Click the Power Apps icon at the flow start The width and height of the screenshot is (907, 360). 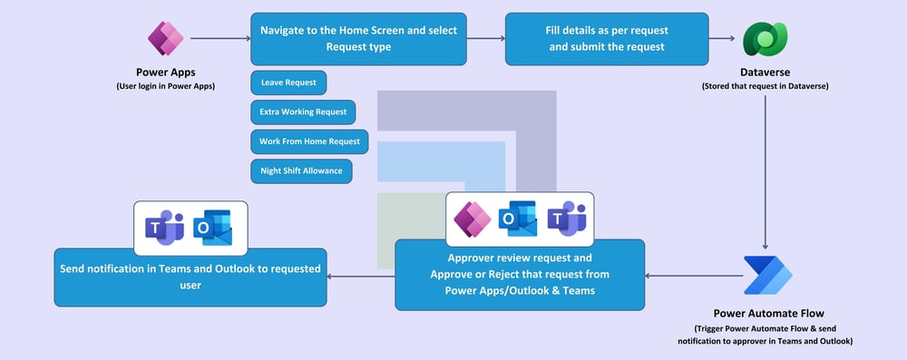(165, 38)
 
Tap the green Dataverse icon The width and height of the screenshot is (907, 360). (765, 39)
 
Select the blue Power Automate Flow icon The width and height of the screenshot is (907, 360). (767, 276)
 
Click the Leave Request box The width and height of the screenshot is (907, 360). (288, 83)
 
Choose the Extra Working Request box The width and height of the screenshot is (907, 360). (303, 112)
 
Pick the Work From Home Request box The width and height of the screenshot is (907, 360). (309, 141)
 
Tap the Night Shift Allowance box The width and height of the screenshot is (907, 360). (301, 171)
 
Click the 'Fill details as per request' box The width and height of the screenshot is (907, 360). (607, 39)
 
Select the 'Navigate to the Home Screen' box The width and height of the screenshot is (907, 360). (358, 39)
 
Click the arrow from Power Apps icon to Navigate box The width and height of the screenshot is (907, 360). (220, 39)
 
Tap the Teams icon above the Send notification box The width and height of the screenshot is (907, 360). (164, 228)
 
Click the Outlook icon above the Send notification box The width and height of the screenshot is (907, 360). (213, 228)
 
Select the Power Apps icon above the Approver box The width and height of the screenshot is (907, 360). (473, 219)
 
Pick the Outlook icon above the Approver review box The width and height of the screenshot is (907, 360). (518, 219)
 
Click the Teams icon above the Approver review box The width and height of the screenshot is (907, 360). (567, 219)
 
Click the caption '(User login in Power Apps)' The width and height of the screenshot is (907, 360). (165, 87)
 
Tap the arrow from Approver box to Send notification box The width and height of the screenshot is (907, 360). (361, 276)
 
